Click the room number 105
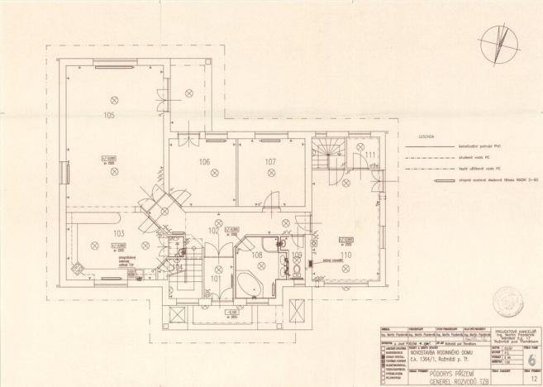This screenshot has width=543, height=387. click(x=108, y=116)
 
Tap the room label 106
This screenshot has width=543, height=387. click(x=204, y=162)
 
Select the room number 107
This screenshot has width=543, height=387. click(x=270, y=161)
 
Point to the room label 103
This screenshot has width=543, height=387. click(x=117, y=234)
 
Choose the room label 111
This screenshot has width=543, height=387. click(x=371, y=155)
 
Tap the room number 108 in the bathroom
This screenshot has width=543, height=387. click(x=257, y=255)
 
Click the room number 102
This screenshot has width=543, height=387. click(x=213, y=231)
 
